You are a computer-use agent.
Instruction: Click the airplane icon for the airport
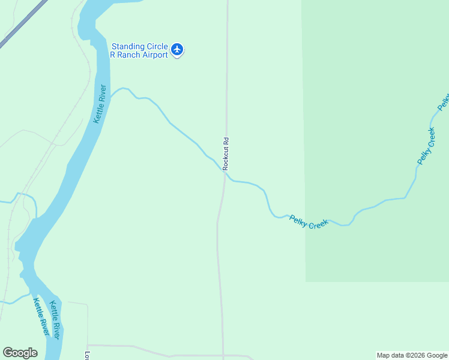tap(176, 49)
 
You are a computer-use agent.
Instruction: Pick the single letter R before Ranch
tap(112, 55)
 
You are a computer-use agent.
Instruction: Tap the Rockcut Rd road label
tap(226, 154)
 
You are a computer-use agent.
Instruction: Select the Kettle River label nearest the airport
tap(100, 104)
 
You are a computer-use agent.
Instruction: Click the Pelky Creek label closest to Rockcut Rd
tap(309, 222)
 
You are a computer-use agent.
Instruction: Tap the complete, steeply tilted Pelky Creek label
tap(426, 146)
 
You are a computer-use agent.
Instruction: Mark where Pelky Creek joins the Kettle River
tap(110, 96)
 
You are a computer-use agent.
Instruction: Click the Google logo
tap(20, 353)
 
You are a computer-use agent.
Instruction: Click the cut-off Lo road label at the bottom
tap(87, 355)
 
